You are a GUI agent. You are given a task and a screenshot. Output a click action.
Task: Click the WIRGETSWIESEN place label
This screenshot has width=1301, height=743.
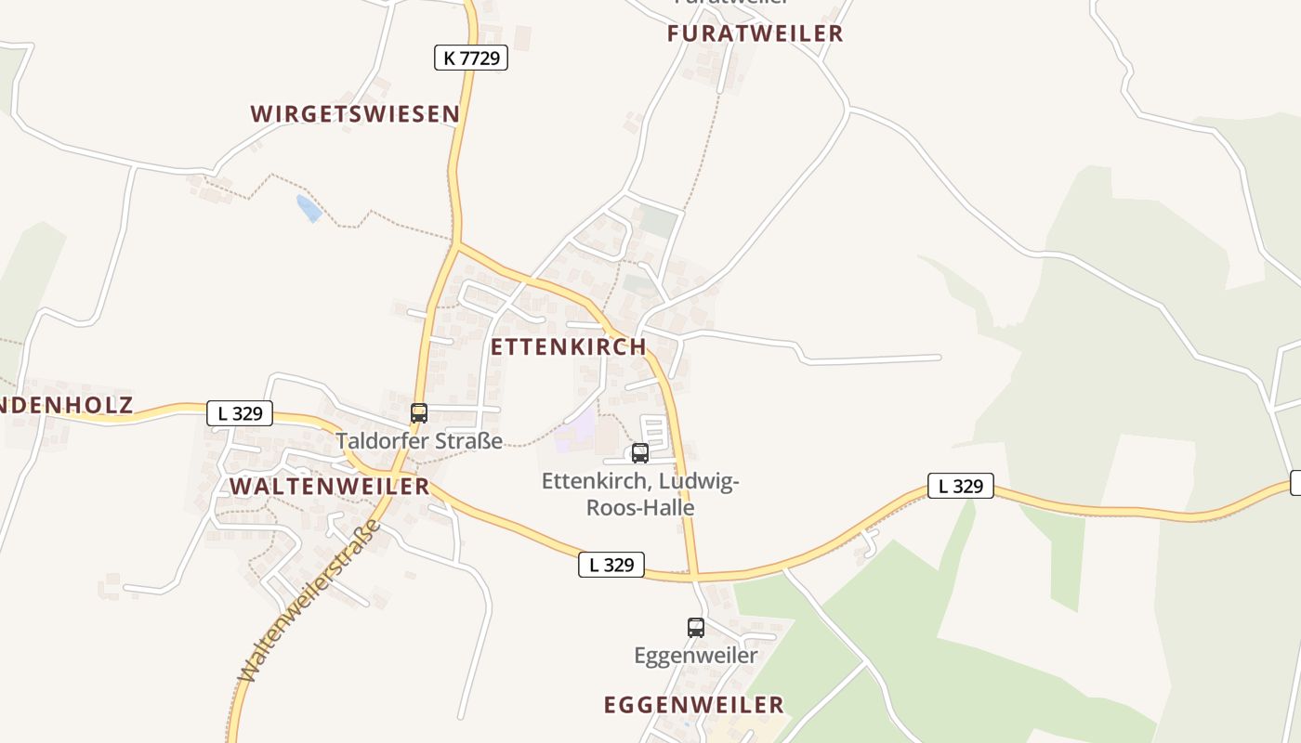coord(355,114)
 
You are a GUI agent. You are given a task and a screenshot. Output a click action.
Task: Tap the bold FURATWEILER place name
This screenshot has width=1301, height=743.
coord(755,33)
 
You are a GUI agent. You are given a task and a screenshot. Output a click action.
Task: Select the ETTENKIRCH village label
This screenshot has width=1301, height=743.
coord(568,346)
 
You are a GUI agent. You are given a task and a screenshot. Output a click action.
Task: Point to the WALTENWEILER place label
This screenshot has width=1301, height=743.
coord(329,486)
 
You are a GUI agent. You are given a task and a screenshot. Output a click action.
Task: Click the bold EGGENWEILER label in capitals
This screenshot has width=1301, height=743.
coord(693,705)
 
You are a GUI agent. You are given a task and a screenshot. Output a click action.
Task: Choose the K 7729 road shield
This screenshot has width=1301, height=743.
coord(470,58)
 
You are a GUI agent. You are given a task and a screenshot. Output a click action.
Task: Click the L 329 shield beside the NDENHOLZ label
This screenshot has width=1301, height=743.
coord(240,413)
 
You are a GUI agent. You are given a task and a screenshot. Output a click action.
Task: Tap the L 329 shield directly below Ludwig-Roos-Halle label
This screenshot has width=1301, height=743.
coord(611,564)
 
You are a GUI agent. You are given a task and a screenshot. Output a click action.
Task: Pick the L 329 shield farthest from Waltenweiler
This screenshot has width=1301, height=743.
coord(960,485)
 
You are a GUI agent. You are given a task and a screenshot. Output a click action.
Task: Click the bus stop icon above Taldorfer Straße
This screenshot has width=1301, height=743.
coord(419,413)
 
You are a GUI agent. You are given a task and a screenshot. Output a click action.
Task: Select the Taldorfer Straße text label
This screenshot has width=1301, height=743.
coord(419,440)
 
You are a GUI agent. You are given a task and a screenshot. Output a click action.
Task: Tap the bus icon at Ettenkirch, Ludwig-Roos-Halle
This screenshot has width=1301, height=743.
coord(640,453)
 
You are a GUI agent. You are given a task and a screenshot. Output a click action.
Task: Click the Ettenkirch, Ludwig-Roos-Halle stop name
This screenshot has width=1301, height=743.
coord(640,494)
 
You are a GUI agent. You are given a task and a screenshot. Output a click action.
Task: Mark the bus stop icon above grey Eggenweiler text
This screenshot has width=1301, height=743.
coord(696,627)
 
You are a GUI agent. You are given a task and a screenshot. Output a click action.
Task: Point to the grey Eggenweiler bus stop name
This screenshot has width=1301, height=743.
coord(696,655)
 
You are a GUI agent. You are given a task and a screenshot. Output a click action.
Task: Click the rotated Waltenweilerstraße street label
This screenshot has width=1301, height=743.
coord(309,602)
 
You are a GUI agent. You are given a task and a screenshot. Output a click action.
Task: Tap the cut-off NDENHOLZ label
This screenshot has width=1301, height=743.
coord(67,405)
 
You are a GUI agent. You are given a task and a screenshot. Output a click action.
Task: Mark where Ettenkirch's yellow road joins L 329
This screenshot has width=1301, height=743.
coord(693,576)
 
